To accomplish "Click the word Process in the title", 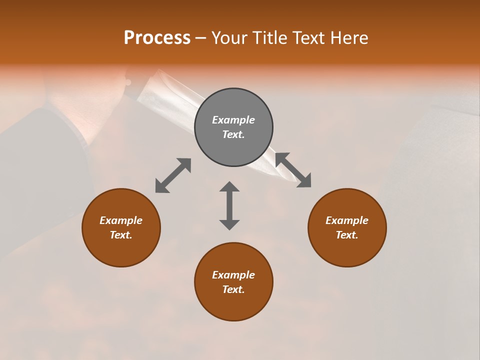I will [157, 38].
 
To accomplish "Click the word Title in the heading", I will [269, 38].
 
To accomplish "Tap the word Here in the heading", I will [349, 38].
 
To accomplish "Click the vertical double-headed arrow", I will [229, 205].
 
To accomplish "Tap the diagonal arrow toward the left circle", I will [173, 175].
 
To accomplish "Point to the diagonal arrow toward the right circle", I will [293, 170].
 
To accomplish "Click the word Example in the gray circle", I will [233, 120].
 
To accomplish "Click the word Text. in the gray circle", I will [233, 134].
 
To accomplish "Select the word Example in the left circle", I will [121, 220].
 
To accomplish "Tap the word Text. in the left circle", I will [121, 235].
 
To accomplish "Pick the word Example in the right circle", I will [347, 220].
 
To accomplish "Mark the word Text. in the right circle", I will [347, 235].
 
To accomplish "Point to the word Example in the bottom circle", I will [233, 275].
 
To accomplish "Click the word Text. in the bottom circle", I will [233, 289].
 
